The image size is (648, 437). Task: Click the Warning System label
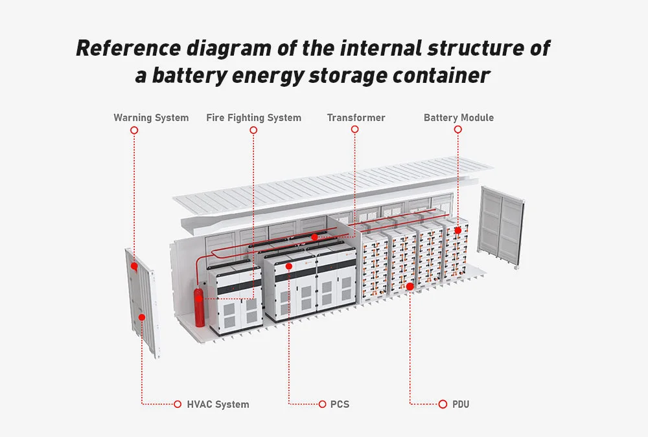point(151,118)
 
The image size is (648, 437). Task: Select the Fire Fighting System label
point(253,118)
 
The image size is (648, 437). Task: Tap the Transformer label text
point(356,118)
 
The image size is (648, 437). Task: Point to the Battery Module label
point(458,118)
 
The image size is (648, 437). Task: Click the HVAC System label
point(218,404)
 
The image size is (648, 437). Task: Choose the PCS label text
point(340,404)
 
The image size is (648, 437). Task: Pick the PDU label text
point(461,404)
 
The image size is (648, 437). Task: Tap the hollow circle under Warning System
point(134,130)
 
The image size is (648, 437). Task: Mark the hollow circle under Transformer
point(355,130)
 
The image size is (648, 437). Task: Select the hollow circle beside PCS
point(322,404)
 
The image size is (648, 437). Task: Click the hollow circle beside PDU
point(443,404)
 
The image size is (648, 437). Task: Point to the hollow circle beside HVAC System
point(178,404)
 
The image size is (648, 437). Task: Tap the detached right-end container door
point(501,227)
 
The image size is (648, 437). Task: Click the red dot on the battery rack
point(457,230)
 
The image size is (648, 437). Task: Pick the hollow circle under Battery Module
point(457,130)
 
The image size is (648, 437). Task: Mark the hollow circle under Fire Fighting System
point(253,130)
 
